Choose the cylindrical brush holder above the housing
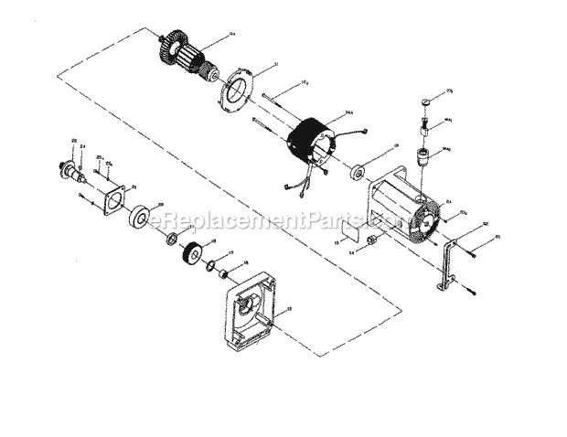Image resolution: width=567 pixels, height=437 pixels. point(423,156)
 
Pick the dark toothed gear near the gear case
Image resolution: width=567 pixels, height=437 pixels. point(194,253)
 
